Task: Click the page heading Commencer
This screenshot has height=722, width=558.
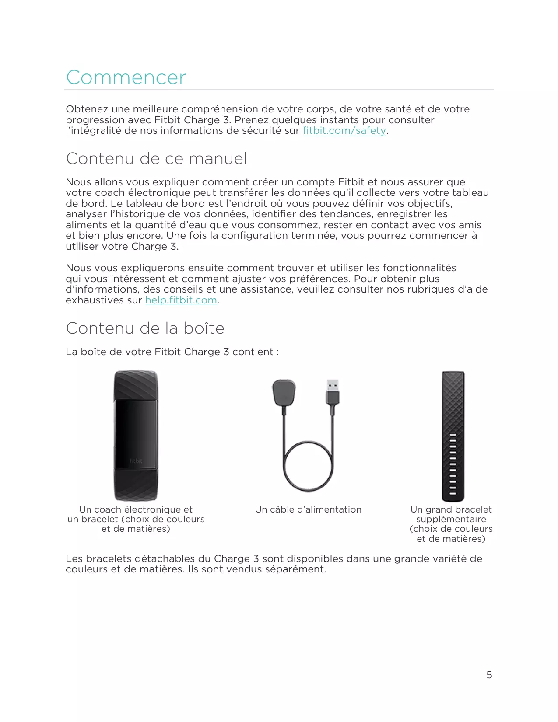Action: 126,77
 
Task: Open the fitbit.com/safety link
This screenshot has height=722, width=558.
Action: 344,131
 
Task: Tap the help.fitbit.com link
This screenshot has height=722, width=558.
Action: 181,300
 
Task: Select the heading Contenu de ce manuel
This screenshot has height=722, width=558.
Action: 156,158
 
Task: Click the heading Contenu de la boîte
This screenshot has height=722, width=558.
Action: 145,328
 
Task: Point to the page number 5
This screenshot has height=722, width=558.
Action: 489,675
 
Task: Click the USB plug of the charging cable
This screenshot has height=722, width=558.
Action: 333,391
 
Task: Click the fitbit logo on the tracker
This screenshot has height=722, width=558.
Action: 136,461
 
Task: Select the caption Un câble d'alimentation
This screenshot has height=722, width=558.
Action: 308,509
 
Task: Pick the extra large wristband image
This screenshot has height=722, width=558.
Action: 453,436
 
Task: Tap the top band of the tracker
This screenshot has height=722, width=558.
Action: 136,385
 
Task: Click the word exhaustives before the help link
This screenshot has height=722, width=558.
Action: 104,300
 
